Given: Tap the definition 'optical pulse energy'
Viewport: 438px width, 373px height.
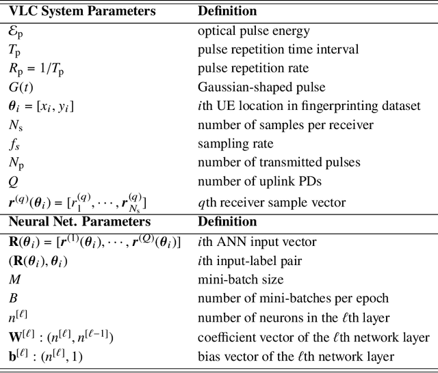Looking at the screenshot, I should pos(253,30).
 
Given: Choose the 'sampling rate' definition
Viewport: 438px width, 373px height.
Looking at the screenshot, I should pos(235,144).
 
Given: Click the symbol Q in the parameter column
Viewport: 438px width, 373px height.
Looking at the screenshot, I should pos(14,182).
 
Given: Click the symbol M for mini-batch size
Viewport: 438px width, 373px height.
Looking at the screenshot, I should pos(15,279).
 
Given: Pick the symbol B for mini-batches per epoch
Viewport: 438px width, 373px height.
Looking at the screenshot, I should pos(13,298).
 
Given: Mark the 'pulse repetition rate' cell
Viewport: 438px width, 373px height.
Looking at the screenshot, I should pos(253,68).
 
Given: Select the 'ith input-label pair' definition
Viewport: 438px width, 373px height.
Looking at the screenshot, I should pos(247,260).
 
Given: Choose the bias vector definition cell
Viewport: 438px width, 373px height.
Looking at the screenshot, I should pos(296,356).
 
